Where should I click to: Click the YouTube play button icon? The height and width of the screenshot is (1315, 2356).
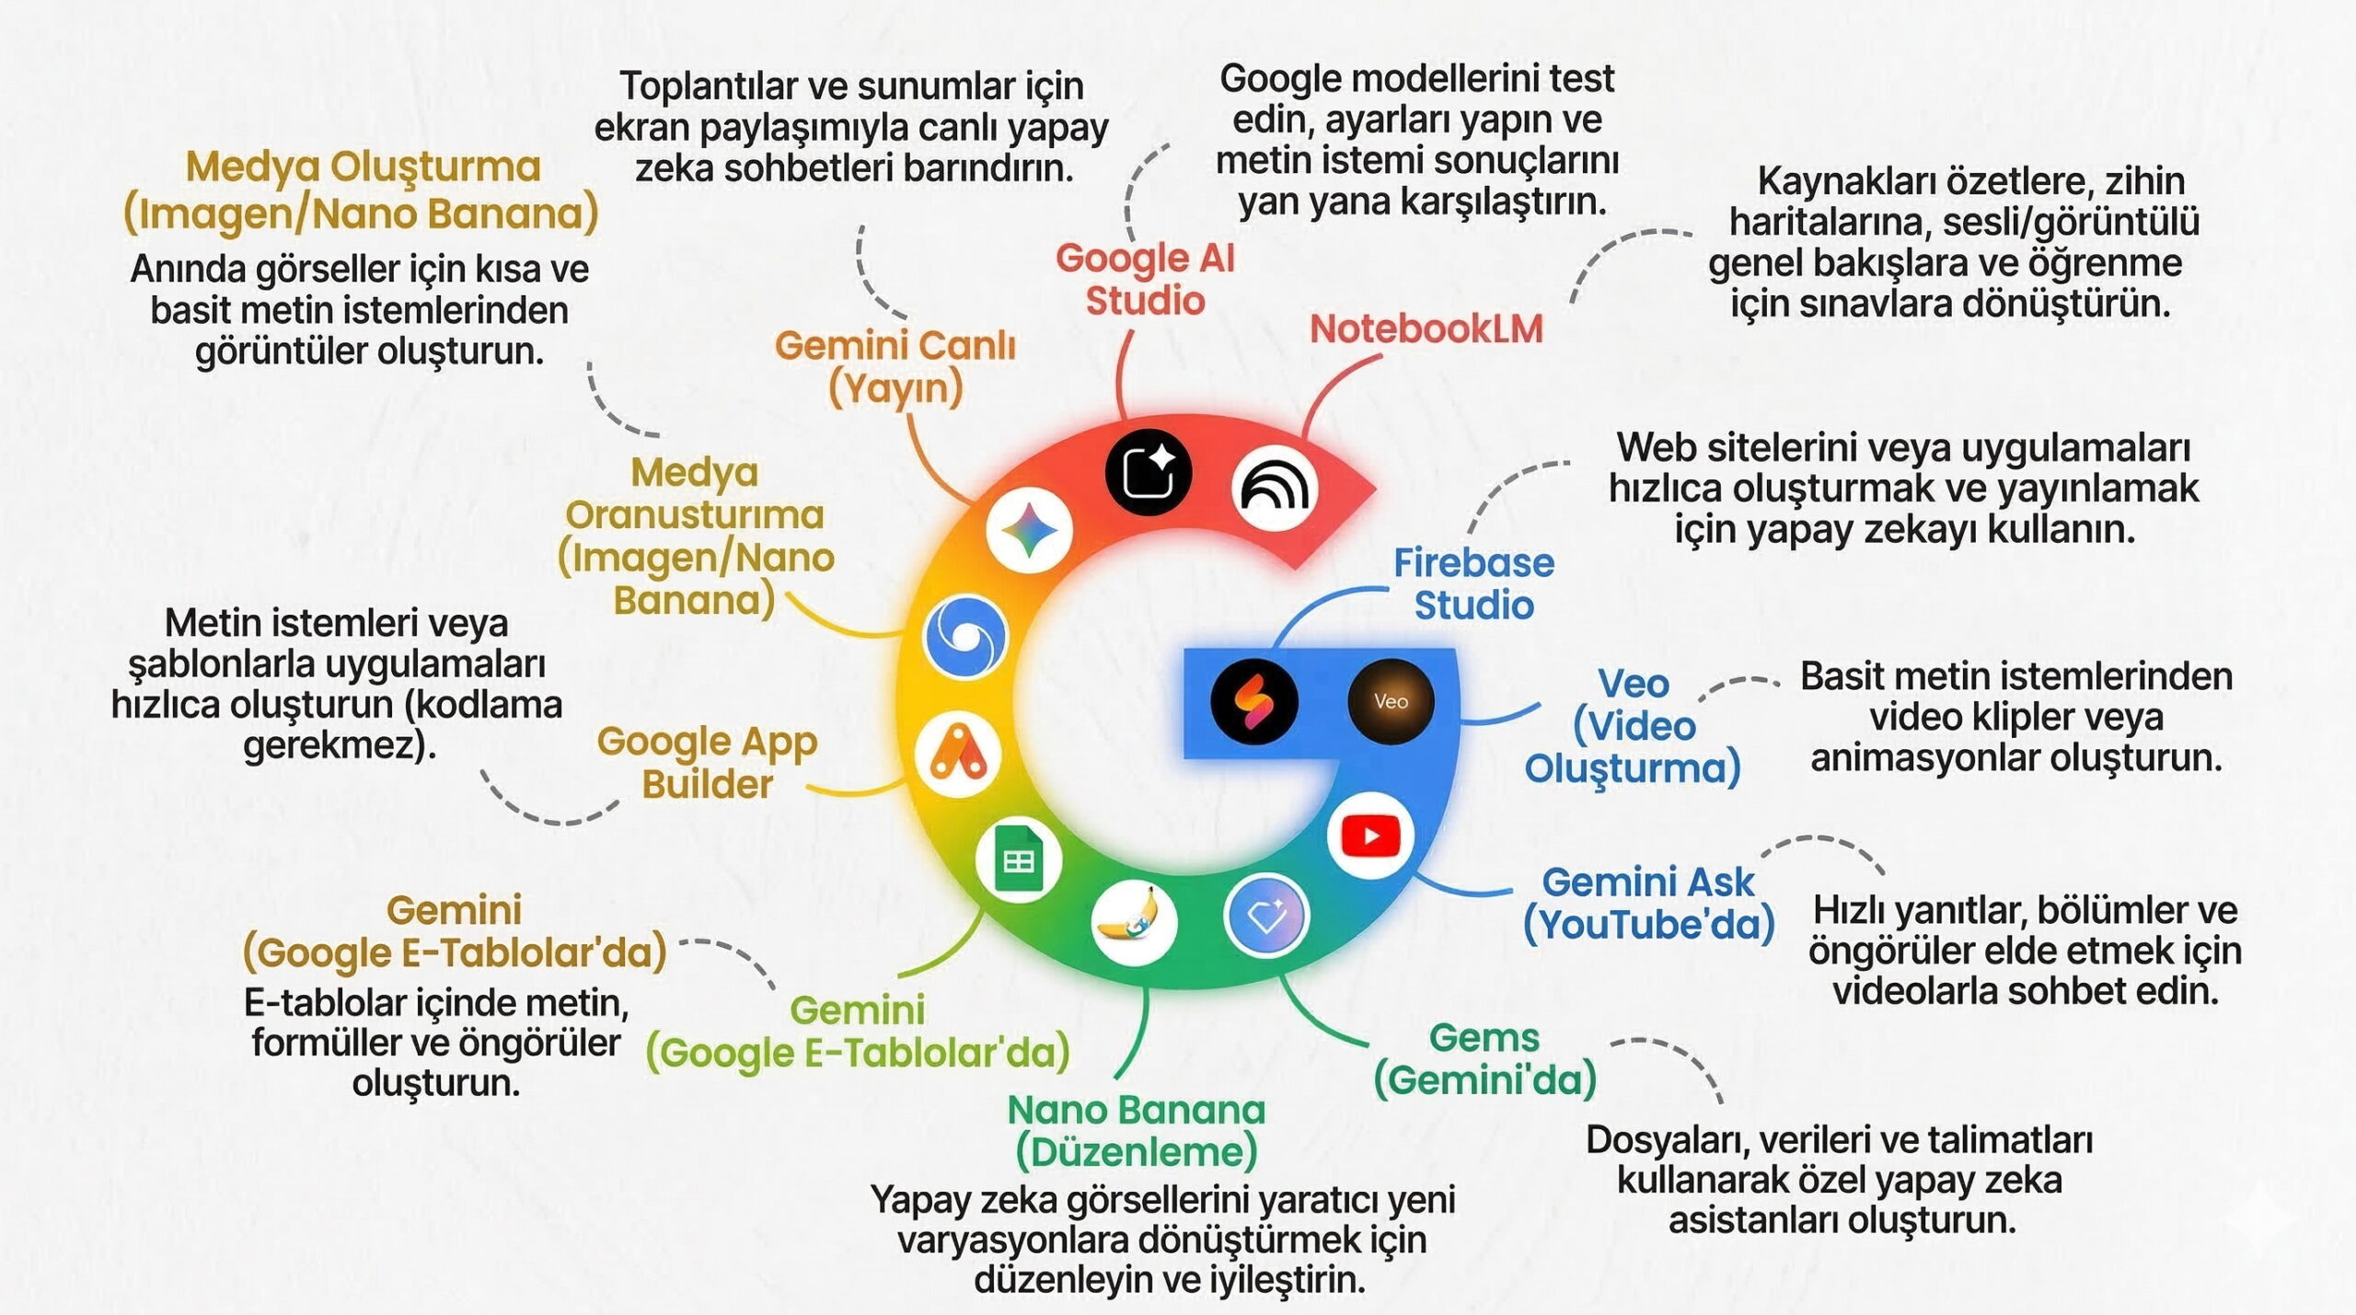point(1370,836)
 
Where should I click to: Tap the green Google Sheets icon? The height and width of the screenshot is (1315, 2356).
point(1018,861)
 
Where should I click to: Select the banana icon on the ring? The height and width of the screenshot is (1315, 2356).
point(1134,922)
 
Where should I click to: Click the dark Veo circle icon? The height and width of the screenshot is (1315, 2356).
point(1391,701)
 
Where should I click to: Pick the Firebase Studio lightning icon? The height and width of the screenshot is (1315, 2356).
point(1254,701)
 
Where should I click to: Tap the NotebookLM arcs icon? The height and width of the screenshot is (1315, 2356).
point(1275,489)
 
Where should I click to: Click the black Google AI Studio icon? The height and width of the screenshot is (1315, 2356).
point(1149,472)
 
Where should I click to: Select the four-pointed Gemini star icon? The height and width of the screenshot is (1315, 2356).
point(1029,531)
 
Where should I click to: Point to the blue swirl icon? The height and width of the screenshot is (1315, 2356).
point(965,637)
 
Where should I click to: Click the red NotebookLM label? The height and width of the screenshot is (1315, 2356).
point(1426,329)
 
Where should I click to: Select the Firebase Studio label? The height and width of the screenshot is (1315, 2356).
point(1473,584)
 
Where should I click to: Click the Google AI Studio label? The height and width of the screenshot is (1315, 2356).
point(1145,279)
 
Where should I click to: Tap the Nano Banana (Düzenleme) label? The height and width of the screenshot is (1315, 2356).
point(1137,1131)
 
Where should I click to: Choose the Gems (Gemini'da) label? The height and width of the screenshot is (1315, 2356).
point(1484,1059)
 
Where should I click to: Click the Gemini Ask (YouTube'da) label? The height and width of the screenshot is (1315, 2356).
point(1648,904)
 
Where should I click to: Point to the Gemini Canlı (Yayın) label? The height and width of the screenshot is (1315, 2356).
point(895,367)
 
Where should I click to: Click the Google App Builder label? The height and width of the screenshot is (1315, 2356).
point(707,763)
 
